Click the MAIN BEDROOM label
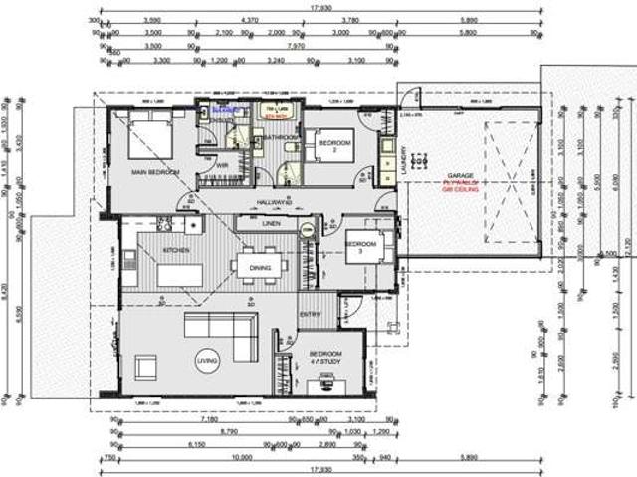pyautogui.click(x=155, y=173)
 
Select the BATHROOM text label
pyautogui.click(x=282, y=138)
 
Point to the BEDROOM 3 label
pyautogui.click(x=362, y=246)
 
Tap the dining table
pyautogui.click(x=261, y=265)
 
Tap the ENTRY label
pyautogui.click(x=310, y=315)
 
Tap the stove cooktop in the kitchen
pyautogui.click(x=188, y=224)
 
